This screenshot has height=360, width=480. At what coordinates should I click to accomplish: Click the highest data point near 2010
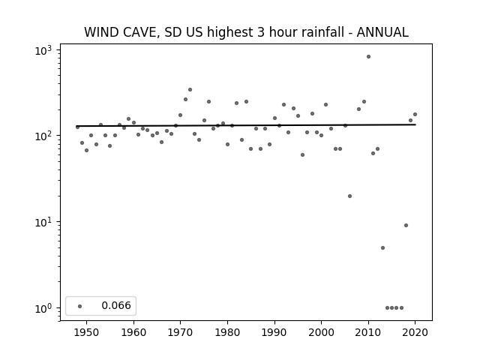point(368,57)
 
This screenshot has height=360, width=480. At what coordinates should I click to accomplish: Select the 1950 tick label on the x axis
point(87,332)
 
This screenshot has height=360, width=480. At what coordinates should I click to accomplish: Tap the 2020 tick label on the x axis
point(415,332)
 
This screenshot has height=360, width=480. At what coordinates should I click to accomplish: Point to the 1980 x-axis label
point(227,332)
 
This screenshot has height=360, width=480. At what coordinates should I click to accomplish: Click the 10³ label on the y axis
point(43,50)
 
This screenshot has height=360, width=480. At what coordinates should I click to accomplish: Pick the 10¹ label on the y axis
point(43,223)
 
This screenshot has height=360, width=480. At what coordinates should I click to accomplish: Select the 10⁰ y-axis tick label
point(43,308)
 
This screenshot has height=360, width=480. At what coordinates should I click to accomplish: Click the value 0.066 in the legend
point(116,305)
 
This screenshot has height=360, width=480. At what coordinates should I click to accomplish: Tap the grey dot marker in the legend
point(80,306)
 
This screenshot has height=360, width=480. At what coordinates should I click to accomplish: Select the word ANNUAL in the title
point(382,32)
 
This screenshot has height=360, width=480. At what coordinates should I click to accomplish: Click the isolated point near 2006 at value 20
point(350,196)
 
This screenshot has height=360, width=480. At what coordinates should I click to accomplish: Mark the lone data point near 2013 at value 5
point(382,248)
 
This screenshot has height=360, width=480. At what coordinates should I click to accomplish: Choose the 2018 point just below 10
point(406,225)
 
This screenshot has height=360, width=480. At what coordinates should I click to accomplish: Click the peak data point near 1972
point(190,90)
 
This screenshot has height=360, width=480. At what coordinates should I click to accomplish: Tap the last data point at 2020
point(415,115)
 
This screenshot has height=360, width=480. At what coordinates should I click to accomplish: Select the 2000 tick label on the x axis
point(321,332)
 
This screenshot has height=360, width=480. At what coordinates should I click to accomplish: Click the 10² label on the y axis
point(43,136)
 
